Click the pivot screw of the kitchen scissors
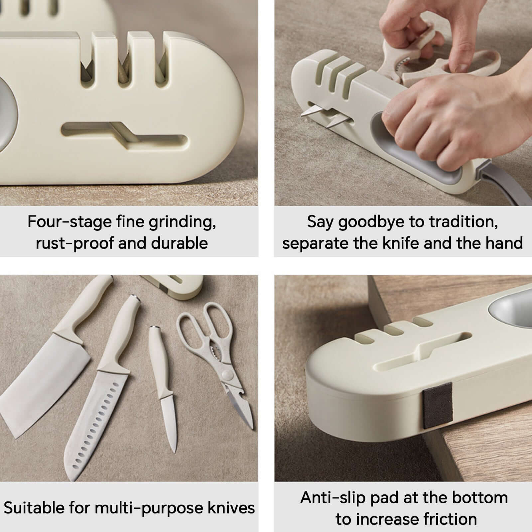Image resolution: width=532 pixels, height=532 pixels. click(x=227, y=375)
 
